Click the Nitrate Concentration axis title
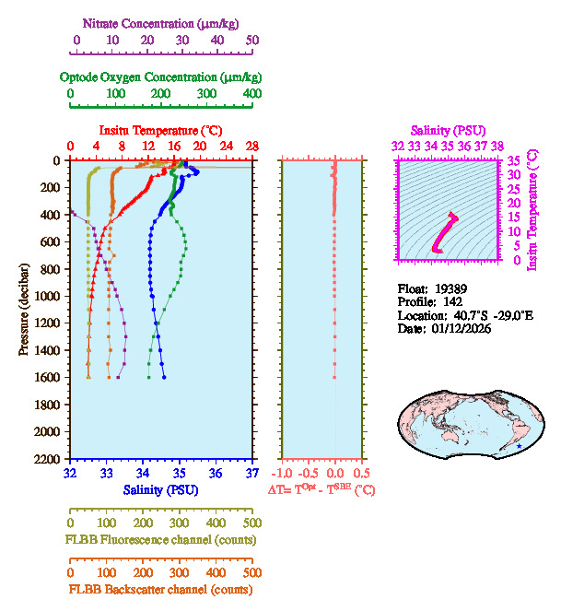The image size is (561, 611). coord(164,21)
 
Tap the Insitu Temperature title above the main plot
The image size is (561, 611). coord(160,130)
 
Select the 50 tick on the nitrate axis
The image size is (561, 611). coord(252,41)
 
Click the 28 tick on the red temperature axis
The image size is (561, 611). coord(252,147)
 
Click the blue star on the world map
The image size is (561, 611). coord(520,446)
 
